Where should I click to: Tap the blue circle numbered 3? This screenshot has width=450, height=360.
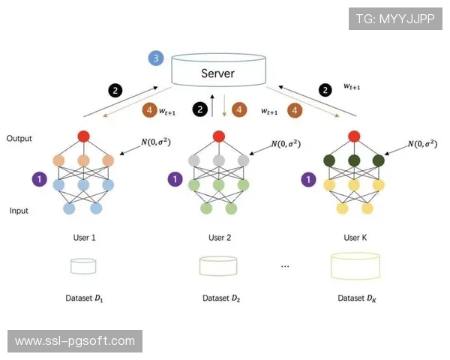156,58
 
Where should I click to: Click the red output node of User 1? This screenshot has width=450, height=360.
83,136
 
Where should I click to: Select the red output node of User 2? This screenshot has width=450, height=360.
218,136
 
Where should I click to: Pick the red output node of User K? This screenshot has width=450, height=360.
352,136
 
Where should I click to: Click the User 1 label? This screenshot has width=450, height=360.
83,237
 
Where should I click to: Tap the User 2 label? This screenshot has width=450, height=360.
219,237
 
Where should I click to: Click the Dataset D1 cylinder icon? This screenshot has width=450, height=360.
83,266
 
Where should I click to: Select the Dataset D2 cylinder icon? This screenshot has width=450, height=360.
218,266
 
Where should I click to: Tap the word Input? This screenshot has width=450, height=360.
19,211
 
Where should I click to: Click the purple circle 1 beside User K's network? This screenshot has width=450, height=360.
307,179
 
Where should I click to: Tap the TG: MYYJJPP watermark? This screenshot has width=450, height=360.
395,19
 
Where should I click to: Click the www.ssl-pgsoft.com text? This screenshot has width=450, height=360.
75,341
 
